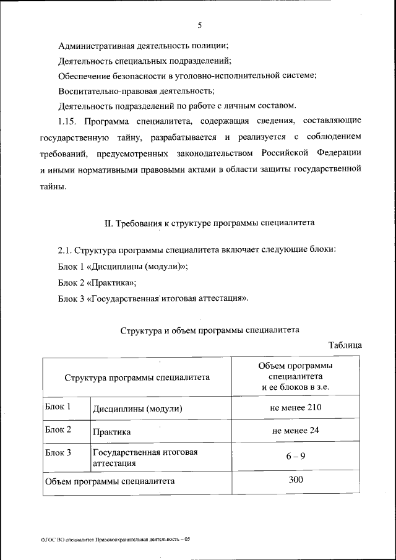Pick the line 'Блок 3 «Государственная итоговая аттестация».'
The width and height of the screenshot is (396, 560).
155,298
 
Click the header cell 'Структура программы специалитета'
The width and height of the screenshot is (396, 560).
137,376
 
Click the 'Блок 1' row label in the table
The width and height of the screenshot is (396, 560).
58,407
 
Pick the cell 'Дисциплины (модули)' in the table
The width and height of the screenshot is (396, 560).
138,409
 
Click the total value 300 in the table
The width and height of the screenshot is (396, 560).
295,480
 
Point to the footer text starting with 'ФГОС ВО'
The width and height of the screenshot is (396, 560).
111,540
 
